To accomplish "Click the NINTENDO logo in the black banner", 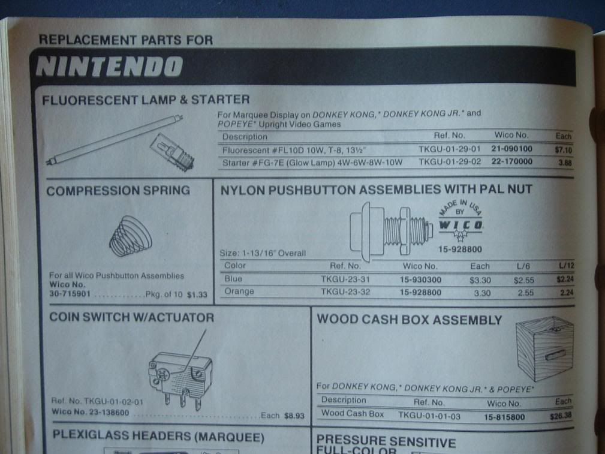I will click(109, 67).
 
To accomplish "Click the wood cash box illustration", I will click(544, 349).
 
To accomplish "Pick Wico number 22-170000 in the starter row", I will click(512, 162).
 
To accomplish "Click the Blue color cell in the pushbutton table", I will click(233, 279).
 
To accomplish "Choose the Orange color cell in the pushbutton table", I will click(239, 292).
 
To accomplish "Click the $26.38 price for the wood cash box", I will click(561, 415).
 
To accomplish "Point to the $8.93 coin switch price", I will click(293, 415).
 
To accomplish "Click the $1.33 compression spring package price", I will click(197, 294).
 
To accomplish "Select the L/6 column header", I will click(522, 266).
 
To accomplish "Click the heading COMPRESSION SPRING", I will click(118, 191).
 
